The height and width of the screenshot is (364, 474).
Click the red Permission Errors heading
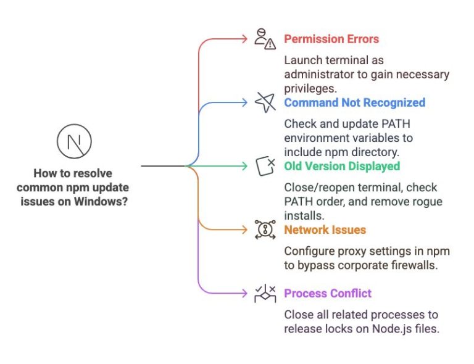[331, 39]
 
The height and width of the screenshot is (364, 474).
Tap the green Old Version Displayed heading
[342, 166]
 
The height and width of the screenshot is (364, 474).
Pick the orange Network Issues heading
[325, 230]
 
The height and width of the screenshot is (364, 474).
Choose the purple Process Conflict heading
[328, 293]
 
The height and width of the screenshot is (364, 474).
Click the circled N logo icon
[73, 141]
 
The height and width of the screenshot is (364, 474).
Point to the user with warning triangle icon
[265, 39]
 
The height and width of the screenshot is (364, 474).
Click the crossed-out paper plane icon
[265, 102]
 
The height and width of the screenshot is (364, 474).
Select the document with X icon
[265, 166]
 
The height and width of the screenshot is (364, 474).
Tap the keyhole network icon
[265, 230]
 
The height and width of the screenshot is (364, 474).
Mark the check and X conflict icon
[265, 293]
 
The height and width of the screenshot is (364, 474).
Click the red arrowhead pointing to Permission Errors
[245, 39]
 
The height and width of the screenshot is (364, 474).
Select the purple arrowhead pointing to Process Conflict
[245, 293]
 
